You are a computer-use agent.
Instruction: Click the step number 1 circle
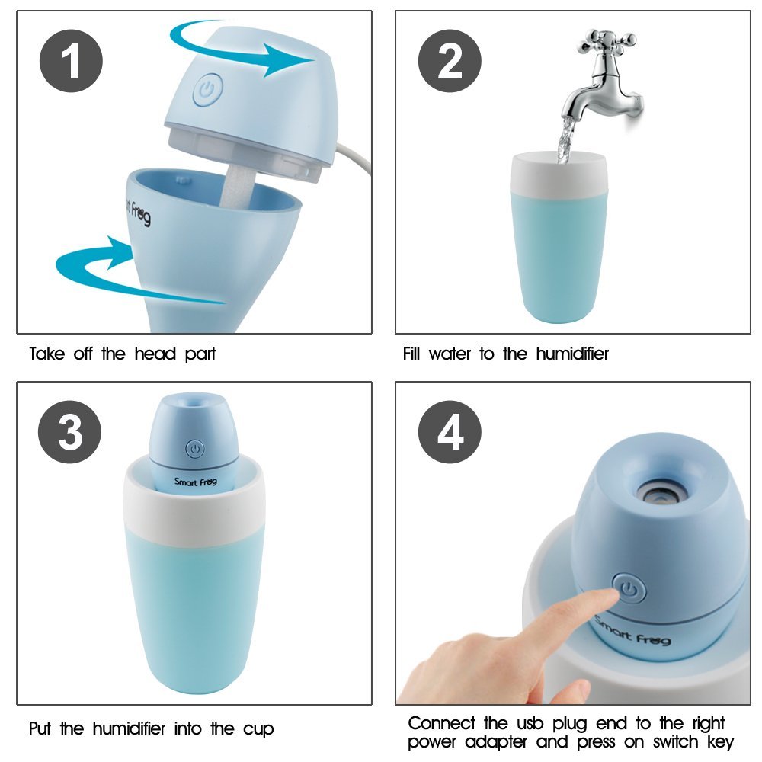[x=70, y=62]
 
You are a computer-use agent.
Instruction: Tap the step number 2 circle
[x=450, y=62]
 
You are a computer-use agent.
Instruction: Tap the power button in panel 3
[x=195, y=449]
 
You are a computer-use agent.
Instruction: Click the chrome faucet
[x=602, y=84]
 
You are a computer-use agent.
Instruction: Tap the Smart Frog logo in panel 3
[x=196, y=482]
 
